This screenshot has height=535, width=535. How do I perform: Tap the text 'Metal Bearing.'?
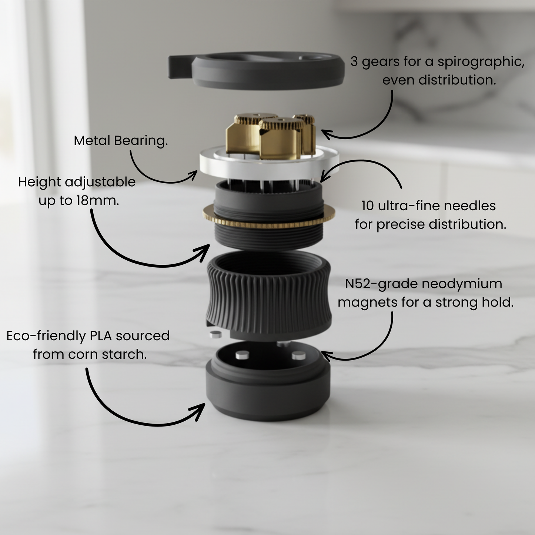point(121,141)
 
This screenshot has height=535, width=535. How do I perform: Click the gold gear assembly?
point(271,137)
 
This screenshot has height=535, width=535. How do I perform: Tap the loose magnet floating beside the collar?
point(216,334)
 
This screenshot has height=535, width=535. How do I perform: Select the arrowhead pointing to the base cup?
point(199,411)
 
